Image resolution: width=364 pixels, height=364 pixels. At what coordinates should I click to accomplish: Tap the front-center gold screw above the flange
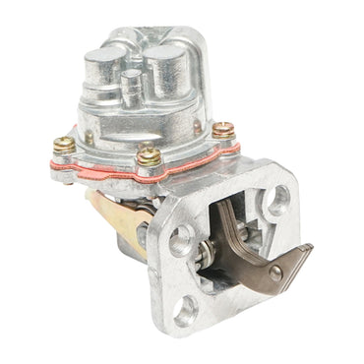tap(149, 155)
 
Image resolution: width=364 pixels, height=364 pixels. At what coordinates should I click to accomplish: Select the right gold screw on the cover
tap(222, 130)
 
